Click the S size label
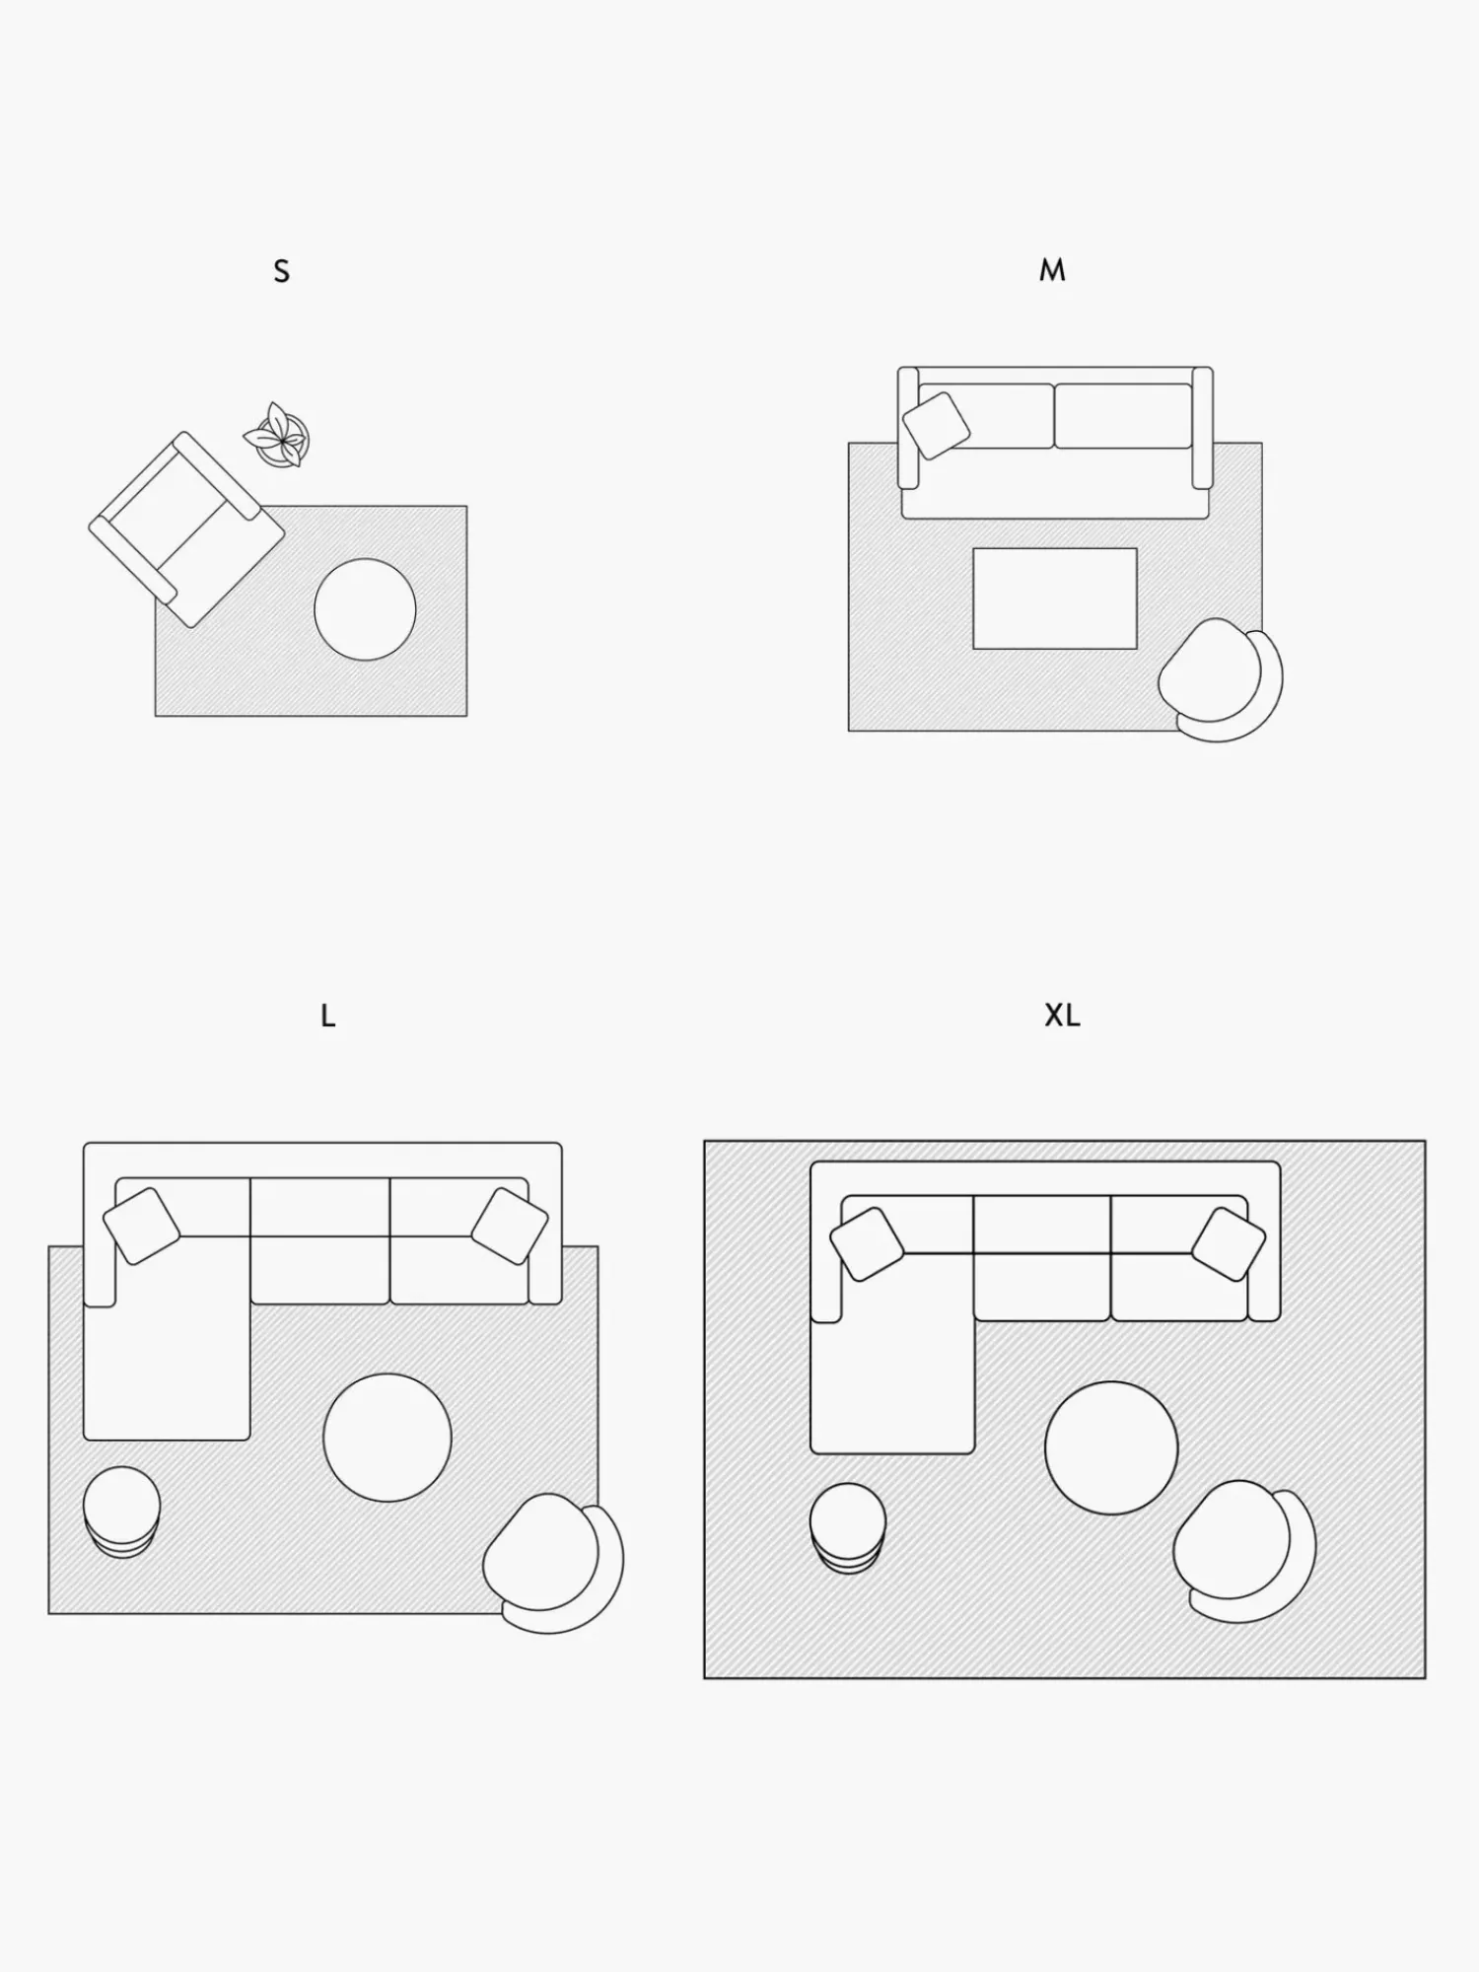tap(282, 271)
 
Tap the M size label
tap(1052, 270)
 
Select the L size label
tap(328, 1016)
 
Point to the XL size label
tap(1062, 1016)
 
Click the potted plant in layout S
tap(277, 435)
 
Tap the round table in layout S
tap(365, 609)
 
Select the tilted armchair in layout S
tap(187, 528)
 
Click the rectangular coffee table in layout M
tap(1055, 599)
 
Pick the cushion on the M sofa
tap(936, 425)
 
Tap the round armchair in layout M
tap(1221, 679)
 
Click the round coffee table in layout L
tap(387, 1438)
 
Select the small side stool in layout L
tap(121, 1512)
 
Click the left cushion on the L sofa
tap(142, 1226)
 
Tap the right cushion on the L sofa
tap(510, 1226)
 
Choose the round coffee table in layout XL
tap(1111, 1447)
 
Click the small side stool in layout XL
tap(848, 1527)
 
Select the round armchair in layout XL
tap(1244, 1550)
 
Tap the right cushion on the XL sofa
tap(1229, 1244)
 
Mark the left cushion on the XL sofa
tap(868, 1244)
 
